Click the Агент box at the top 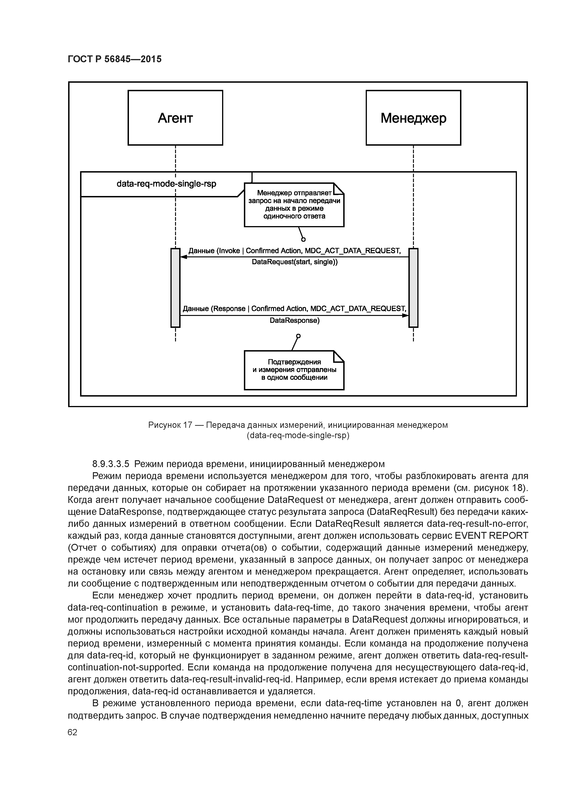pyautogui.click(x=175, y=118)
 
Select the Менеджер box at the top pyautogui.click(x=413, y=118)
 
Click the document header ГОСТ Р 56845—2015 pyautogui.click(x=115, y=59)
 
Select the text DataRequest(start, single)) pyautogui.click(x=295, y=262)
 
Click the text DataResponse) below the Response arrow pyautogui.click(x=295, y=321)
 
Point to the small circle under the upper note pyautogui.click(x=303, y=239)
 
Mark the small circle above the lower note pyautogui.click(x=298, y=336)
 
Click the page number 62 pyautogui.click(x=72, y=732)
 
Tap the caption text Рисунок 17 pyautogui.click(x=170, y=425)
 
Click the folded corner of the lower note pyautogui.click(x=339, y=356)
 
